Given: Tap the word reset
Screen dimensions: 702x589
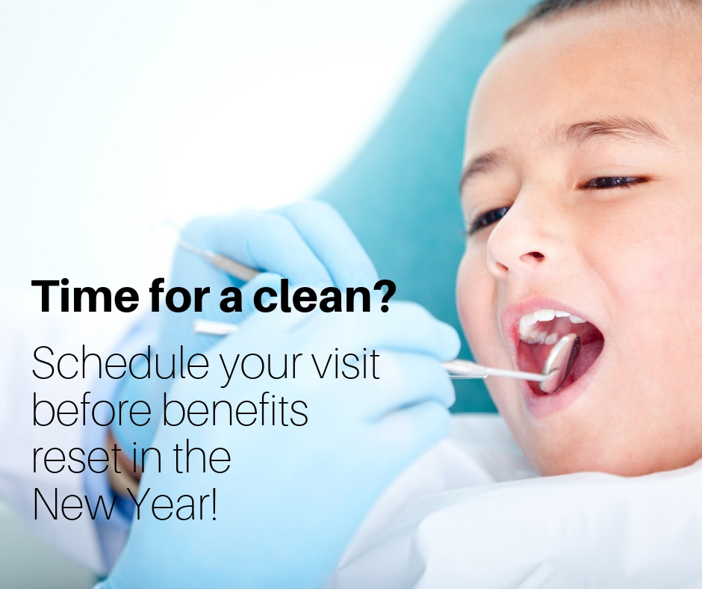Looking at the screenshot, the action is tap(77, 458).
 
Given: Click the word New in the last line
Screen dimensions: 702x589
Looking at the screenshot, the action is tap(78, 505).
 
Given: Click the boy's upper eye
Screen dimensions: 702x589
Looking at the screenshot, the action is tap(612, 182).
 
